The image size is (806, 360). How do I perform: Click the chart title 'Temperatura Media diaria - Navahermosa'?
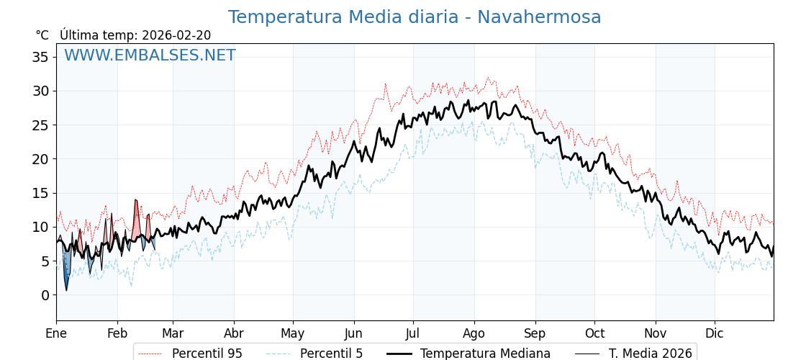pyautogui.click(x=414, y=17)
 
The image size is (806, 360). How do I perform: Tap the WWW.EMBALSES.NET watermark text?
pyautogui.click(x=150, y=55)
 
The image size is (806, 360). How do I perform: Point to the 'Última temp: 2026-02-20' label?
pyautogui.click(x=135, y=35)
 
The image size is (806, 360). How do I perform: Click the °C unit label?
pyautogui.click(x=42, y=35)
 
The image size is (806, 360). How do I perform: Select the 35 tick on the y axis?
pyautogui.click(x=40, y=57)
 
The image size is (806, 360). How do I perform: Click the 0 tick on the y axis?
pyautogui.click(x=45, y=295)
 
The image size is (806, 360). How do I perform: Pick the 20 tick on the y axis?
pyautogui.click(x=40, y=159)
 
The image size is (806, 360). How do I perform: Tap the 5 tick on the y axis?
pyautogui.click(x=45, y=261)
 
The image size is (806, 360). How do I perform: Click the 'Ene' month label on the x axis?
pyautogui.click(x=56, y=333)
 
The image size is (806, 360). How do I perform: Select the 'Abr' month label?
pyautogui.click(x=234, y=333)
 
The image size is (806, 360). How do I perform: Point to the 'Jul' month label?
pyautogui.click(x=413, y=333)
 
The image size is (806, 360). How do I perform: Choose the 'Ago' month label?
pyautogui.click(x=474, y=333)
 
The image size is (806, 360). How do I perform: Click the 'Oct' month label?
pyautogui.click(x=594, y=333)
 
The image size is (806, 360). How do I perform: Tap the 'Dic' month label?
pyautogui.click(x=715, y=333)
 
